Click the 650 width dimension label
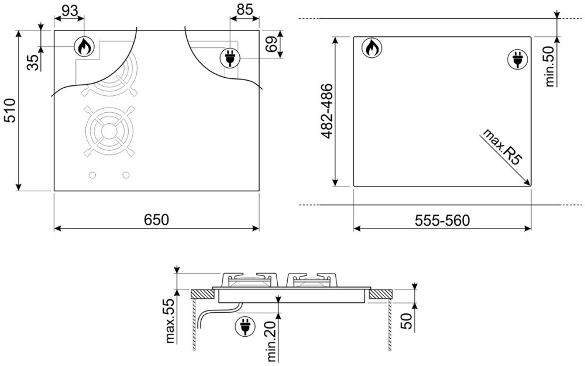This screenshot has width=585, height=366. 156,219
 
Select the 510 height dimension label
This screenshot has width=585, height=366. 9,111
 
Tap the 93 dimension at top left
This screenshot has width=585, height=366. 70,11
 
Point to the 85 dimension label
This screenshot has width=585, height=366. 245,9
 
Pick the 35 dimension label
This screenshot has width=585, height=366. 33,62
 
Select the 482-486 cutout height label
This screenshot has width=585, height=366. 327,112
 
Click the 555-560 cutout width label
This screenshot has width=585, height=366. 442,220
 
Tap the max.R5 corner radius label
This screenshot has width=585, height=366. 501,146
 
